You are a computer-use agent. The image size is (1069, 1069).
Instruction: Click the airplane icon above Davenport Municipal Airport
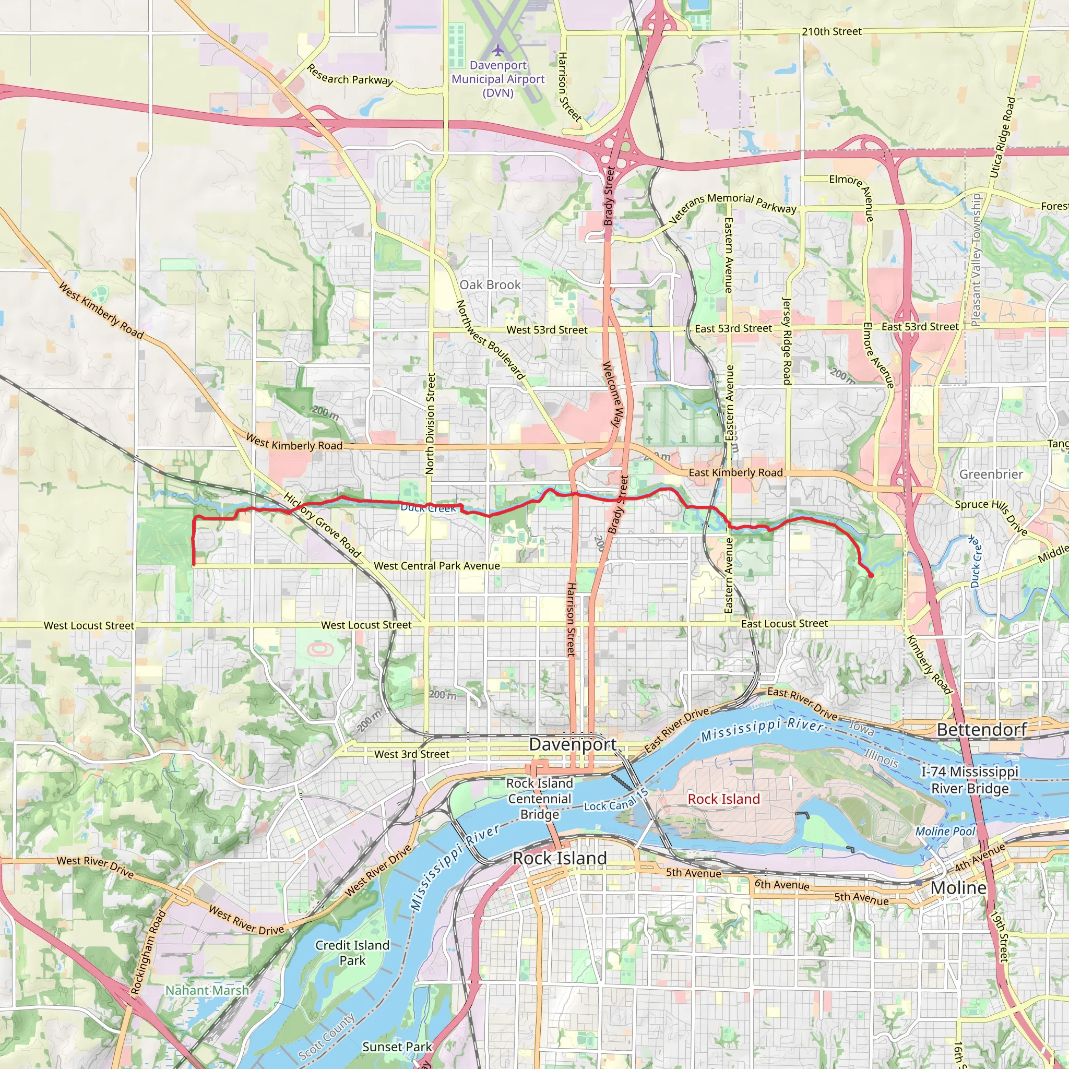pyautogui.click(x=498, y=50)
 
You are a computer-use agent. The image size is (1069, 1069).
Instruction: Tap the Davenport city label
pyautogui.click(x=572, y=744)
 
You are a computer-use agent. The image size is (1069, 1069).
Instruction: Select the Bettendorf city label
pyautogui.click(x=982, y=729)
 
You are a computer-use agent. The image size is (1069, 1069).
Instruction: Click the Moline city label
pyautogui.click(x=958, y=887)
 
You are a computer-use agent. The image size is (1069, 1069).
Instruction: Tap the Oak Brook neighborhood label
pyautogui.click(x=490, y=284)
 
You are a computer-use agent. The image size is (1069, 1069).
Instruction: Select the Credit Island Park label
pyautogui.click(x=352, y=952)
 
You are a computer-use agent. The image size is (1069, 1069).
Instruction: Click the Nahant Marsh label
pyautogui.click(x=207, y=990)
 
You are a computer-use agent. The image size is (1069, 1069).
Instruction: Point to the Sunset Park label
pyautogui.click(x=397, y=1047)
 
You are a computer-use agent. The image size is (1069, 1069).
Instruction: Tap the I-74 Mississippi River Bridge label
pyautogui.click(x=969, y=780)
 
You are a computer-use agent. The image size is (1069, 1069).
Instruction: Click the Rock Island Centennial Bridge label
pyautogui.click(x=540, y=799)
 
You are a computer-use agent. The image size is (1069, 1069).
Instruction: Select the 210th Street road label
pyautogui.click(x=832, y=31)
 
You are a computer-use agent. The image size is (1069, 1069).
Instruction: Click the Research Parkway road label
pyautogui.click(x=350, y=75)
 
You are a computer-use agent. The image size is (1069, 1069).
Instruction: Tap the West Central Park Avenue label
pyautogui.click(x=436, y=565)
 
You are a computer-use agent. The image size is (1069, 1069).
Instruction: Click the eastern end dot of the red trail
pyautogui.click(x=872, y=575)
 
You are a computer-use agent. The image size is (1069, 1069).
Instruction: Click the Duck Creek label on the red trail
pyautogui.click(x=428, y=507)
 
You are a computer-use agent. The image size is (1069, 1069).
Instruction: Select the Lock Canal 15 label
pyautogui.click(x=616, y=801)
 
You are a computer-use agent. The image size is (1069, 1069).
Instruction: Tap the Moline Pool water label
pyautogui.click(x=945, y=831)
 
